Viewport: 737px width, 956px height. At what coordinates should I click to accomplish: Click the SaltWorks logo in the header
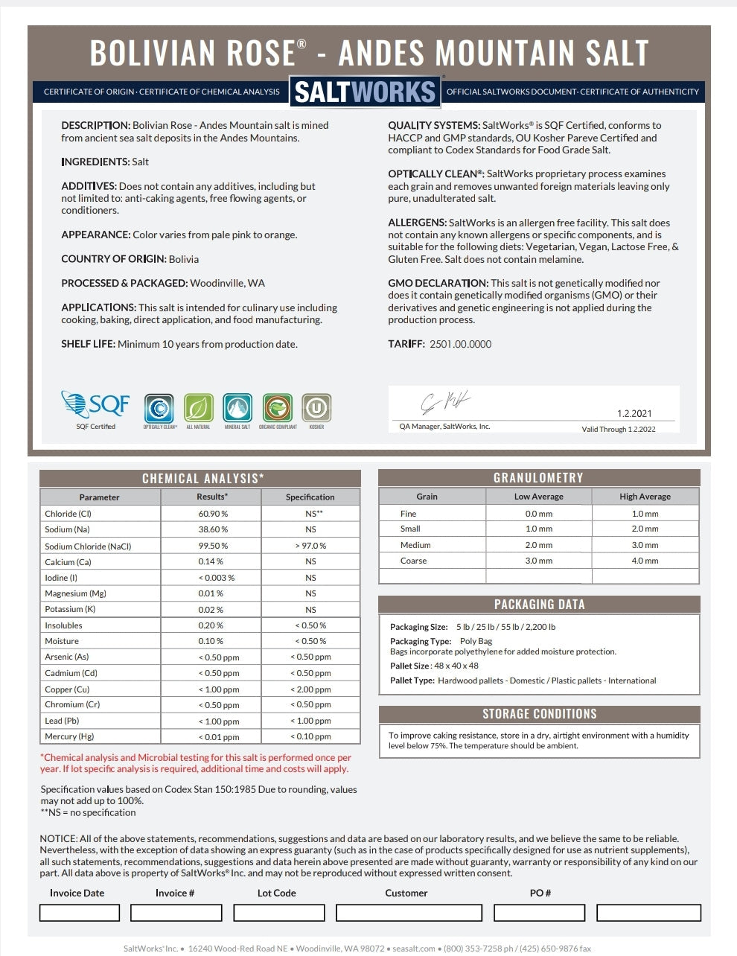tap(365, 92)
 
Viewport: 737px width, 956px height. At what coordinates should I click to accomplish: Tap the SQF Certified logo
tap(95, 407)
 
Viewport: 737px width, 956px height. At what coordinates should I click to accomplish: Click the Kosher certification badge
tap(316, 409)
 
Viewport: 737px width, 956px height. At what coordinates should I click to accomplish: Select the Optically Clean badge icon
tap(159, 409)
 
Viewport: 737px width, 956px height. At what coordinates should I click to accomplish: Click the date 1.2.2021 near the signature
tap(634, 413)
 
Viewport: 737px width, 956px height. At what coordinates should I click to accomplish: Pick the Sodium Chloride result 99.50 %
tap(213, 546)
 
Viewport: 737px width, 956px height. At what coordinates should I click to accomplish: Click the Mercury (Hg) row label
tap(70, 736)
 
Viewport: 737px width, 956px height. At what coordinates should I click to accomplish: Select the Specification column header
tap(310, 497)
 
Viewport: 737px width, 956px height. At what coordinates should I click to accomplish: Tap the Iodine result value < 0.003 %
tap(216, 578)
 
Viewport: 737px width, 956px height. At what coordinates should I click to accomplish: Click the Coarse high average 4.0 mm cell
tap(645, 561)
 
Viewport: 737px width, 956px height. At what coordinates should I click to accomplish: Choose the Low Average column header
tap(538, 497)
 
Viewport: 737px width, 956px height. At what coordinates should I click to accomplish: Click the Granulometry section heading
tap(538, 478)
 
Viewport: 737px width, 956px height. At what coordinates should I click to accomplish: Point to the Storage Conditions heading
tap(539, 714)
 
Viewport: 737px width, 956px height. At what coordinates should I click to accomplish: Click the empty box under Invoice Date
tap(79, 912)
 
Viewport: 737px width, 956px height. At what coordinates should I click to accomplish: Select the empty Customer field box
tap(409, 912)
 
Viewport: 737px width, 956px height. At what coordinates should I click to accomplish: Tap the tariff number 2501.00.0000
tap(461, 344)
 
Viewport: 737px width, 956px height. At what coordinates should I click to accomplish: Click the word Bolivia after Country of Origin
tap(184, 259)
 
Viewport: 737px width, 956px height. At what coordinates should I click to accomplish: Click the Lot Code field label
tap(277, 893)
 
